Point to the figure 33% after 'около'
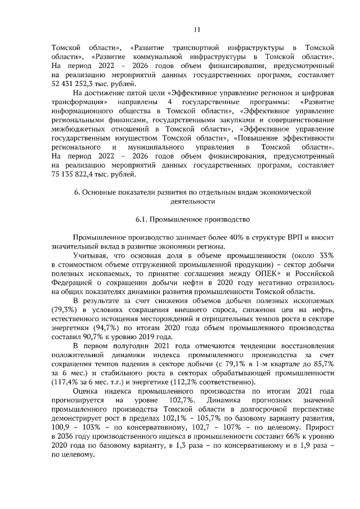[x=326, y=256]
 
